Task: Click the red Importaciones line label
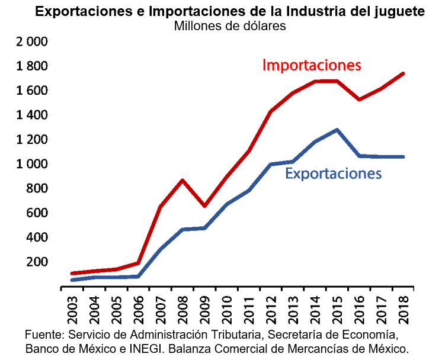312,65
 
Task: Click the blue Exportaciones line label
333,173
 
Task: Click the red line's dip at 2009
205,205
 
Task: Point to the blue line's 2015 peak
337,130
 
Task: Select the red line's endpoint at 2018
403,73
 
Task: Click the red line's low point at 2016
360,99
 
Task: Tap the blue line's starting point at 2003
72,279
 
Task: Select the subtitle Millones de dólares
230,26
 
